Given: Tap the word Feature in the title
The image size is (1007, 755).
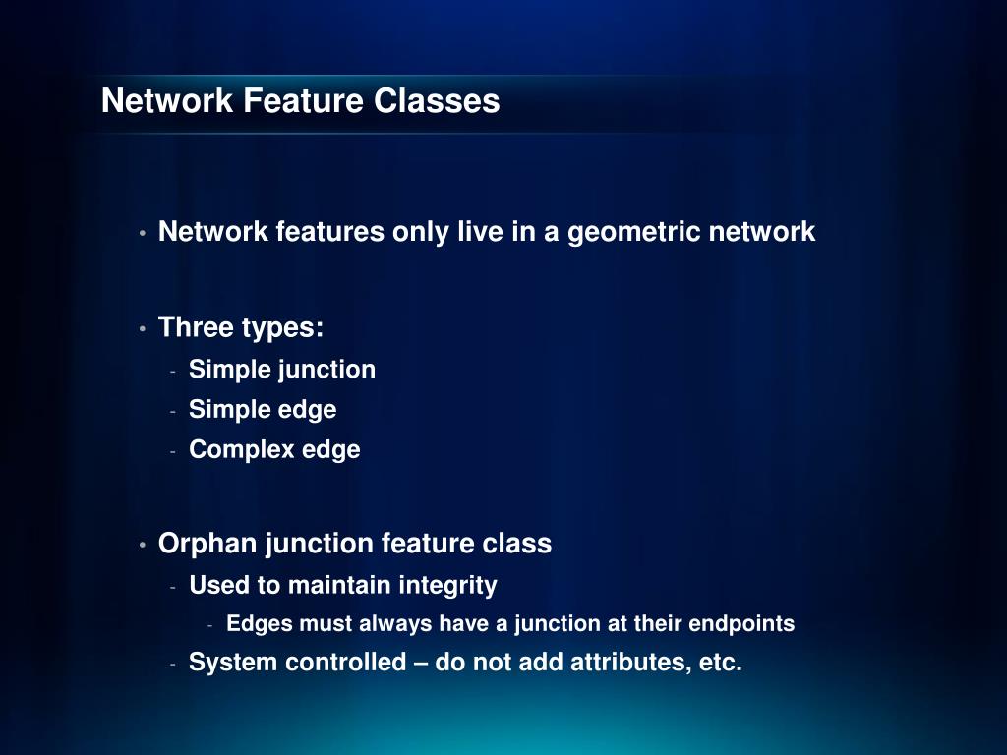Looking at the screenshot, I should (305, 101).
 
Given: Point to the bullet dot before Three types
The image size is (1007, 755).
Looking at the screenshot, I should (143, 328).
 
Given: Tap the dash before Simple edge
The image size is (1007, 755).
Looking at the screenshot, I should (172, 411).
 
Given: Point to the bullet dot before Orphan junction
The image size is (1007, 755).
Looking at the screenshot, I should (143, 545).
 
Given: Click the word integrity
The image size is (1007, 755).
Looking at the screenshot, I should (448, 586).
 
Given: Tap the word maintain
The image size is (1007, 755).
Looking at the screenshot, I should (339, 586).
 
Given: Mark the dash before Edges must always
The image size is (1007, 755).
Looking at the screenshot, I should (210, 625).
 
